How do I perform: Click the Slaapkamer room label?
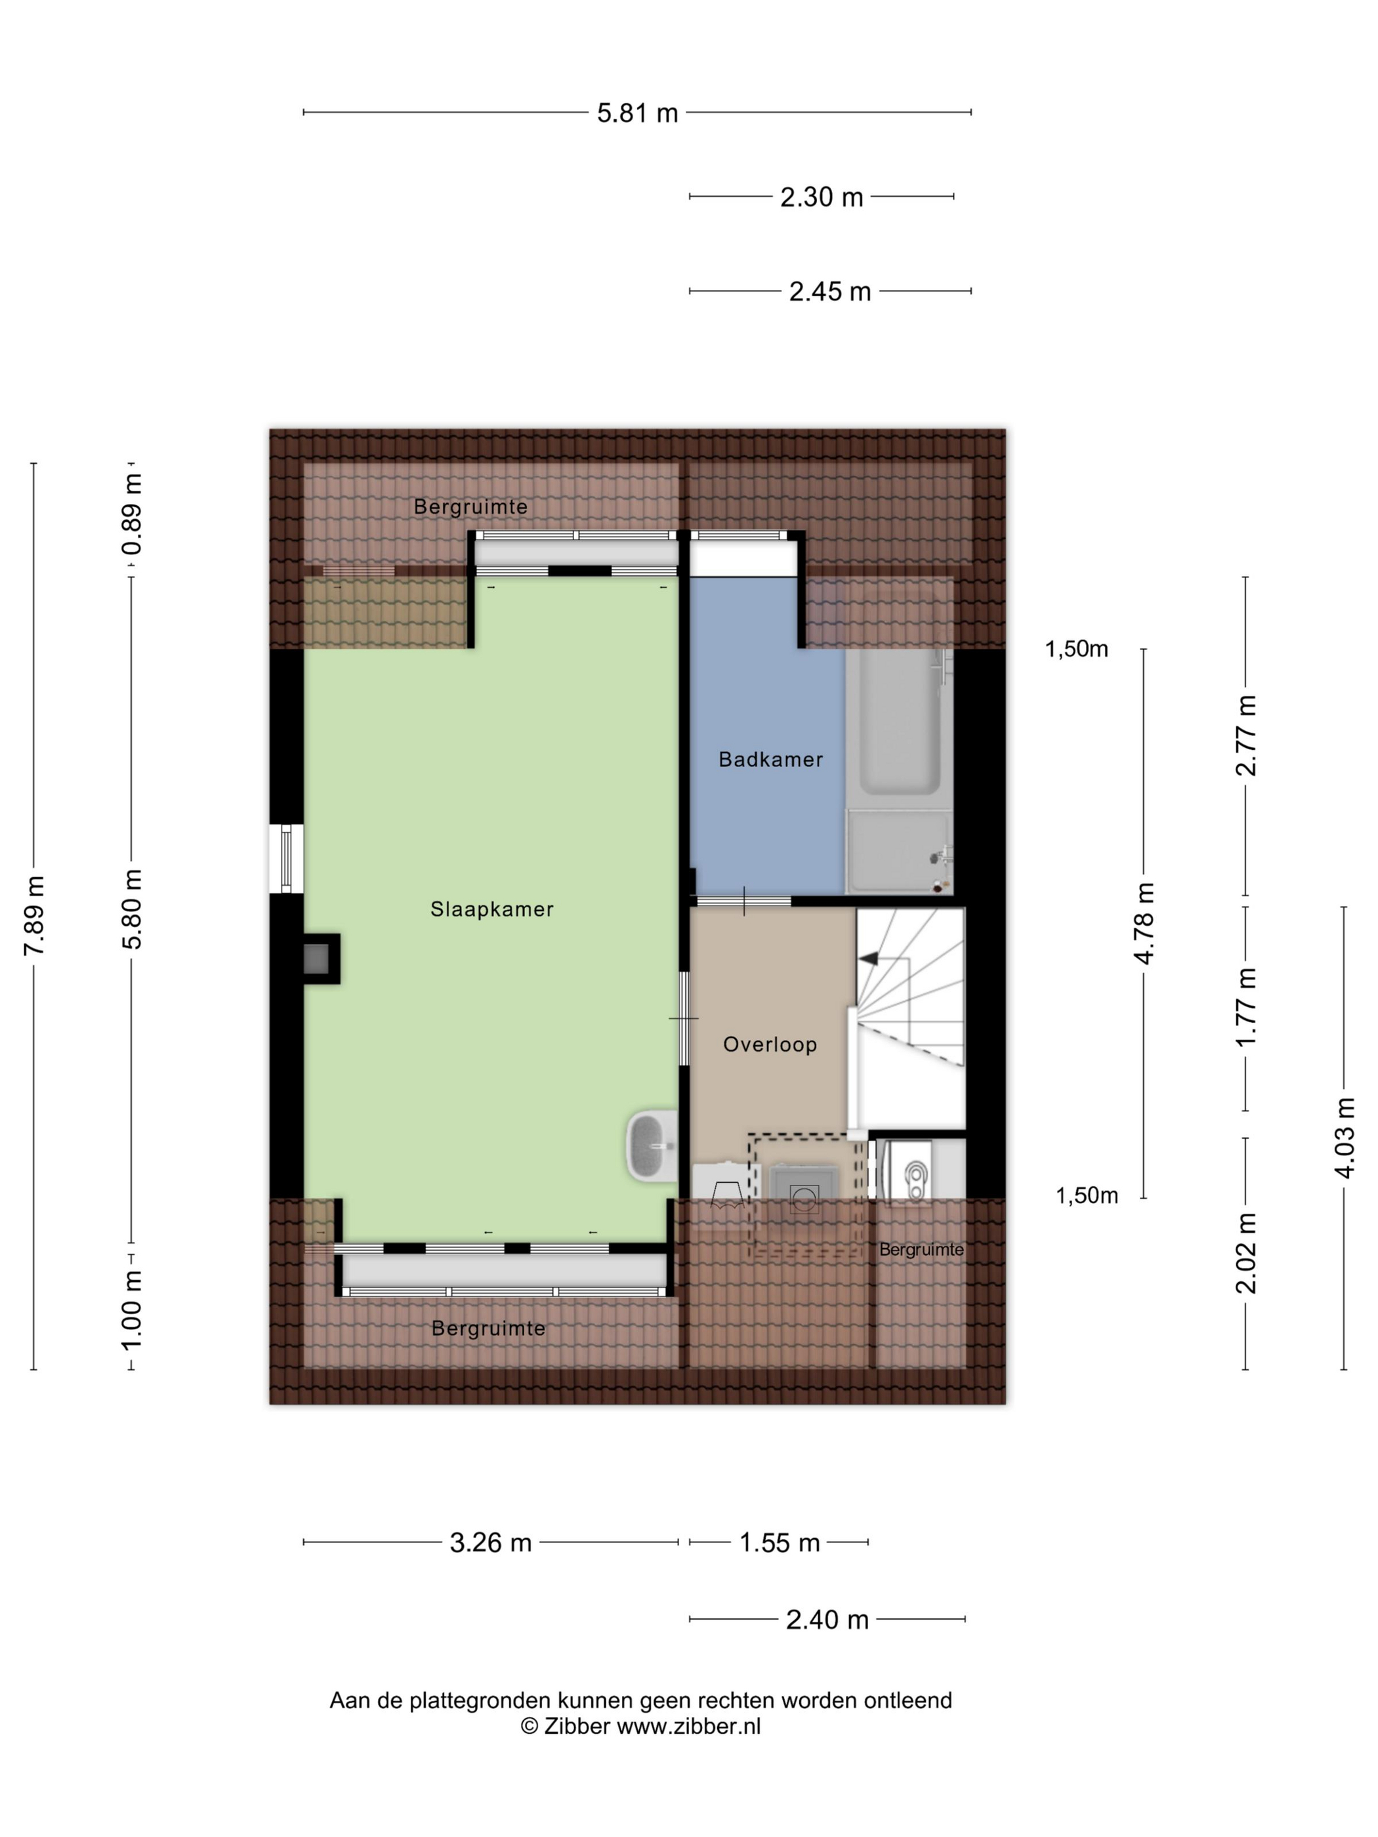[x=491, y=909]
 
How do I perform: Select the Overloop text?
[x=770, y=1044]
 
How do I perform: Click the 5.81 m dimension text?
[x=637, y=113]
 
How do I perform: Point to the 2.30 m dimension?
[x=822, y=197]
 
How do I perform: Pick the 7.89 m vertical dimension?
[x=34, y=915]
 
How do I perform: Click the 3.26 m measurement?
[x=490, y=1542]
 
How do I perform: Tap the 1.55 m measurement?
[x=779, y=1542]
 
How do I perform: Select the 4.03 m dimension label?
[x=1344, y=1137]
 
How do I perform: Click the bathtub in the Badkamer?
[x=900, y=722]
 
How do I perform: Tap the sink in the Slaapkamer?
[x=652, y=1146]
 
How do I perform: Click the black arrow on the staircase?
[x=868, y=959]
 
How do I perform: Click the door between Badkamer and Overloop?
[x=743, y=901]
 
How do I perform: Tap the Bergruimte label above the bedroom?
[x=471, y=506]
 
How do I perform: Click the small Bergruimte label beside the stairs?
[x=921, y=1249]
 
